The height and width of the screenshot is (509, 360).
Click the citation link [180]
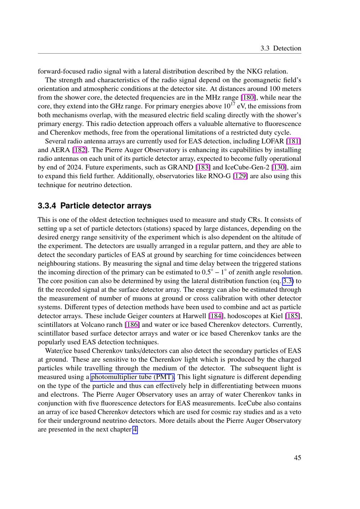tap(248, 98)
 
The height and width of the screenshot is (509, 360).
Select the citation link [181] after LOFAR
tap(293, 141)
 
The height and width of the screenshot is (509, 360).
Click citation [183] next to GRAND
tap(203, 167)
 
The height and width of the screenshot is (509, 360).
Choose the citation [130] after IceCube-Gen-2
tap(280, 167)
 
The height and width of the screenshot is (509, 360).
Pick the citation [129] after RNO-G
tap(240, 176)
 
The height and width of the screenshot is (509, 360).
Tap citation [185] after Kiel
tap(292, 316)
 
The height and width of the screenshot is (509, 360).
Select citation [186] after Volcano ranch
tap(132, 325)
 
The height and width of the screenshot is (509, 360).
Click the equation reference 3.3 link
tap(288, 281)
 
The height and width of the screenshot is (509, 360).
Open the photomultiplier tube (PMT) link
tap(132, 377)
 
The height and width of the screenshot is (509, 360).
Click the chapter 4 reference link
tap(135, 429)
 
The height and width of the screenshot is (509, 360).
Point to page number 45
tap(297, 458)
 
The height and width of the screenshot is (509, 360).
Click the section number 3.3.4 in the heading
tap(47, 206)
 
